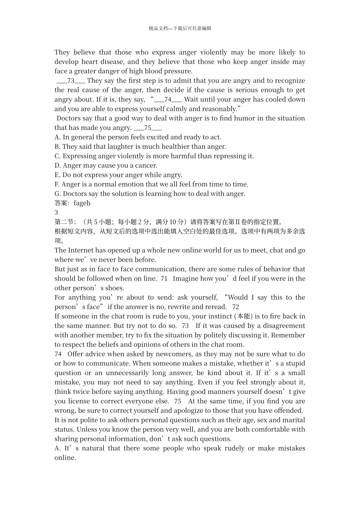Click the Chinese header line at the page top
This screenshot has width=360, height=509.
[180, 28]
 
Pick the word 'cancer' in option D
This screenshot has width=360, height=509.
[146, 166]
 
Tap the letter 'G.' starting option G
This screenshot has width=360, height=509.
[58, 194]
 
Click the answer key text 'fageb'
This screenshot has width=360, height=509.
[82, 203]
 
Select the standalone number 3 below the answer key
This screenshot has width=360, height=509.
[56, 212]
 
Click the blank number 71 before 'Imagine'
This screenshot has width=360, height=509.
[164, 279]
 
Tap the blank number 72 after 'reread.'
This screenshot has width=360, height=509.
[236, 307]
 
